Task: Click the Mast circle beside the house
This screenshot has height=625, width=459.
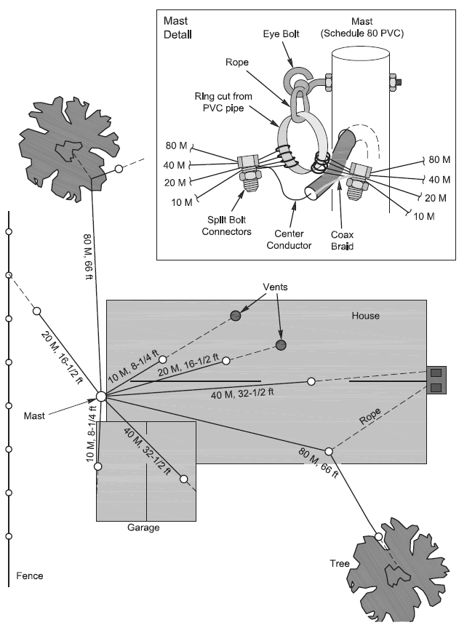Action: (x=101, y=397)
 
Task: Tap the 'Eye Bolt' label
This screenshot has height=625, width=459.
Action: (x=281, y=34)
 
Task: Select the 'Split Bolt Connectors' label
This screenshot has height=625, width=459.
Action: (x=226, y=226)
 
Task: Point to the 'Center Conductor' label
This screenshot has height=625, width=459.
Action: (x=289, y=239)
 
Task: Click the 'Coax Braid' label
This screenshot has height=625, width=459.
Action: (x=343, y=240)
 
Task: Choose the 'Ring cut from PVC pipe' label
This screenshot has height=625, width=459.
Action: (x=223, y=102)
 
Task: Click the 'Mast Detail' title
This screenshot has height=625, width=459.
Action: (x=177, y=28)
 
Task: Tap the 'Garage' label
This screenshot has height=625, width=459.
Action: (x=143, y=528)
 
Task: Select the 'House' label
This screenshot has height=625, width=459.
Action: (x=365, y=316)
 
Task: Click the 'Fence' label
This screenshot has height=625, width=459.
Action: (x=30, y=576)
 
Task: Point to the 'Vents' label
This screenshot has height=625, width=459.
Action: (x=275, y=287)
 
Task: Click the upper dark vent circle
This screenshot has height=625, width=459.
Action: (x=236, y=316)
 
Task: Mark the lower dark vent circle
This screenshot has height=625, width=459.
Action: (x=281, y=345)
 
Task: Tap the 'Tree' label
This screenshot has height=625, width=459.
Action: (x=340, y=563)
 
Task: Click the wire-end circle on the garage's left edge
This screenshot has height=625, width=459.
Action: (x=97, y=466)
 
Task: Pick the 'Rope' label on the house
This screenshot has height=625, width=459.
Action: (x=370, y=416)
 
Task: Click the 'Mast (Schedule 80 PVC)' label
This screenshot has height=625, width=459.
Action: (x=362, y=27)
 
